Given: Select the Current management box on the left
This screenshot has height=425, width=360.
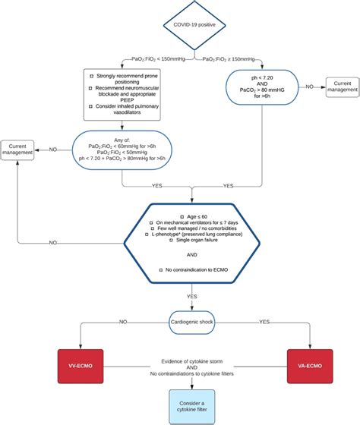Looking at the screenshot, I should pyautogui.click(x=17, y=149).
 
